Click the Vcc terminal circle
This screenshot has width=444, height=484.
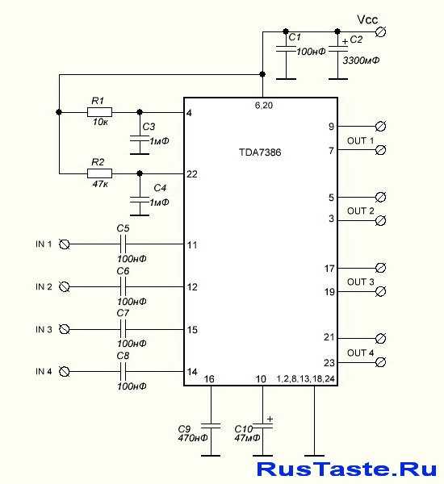(381, 31)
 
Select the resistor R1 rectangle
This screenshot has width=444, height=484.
(99, 112)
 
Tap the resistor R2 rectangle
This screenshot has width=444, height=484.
(99, 173)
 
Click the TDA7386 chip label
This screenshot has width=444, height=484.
(260, 152)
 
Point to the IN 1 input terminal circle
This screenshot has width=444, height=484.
(65, 244)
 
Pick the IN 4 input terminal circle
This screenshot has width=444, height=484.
(65, 371)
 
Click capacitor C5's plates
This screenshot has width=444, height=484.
(123, 244)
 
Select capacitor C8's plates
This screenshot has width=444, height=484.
(123, 371)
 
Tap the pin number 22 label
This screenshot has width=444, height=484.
(192, 174)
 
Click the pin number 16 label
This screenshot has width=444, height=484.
(209, 379)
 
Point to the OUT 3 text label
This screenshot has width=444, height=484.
(361, 282)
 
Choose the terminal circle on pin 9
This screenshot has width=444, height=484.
(381, 127)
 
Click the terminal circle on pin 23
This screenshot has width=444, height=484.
(381, 362)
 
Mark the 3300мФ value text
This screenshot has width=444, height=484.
(361, 60)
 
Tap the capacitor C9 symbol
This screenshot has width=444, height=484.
(211, 426)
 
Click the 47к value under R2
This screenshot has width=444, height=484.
(100, 184)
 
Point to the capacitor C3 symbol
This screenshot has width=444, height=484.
(140, 139)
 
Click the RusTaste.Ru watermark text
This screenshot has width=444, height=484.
(346, 469)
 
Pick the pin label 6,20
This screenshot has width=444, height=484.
(264, 106)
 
